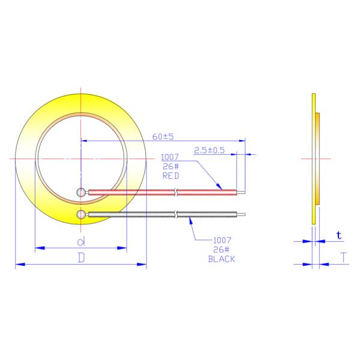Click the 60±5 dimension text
click(x=163, y=137)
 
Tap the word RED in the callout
click(x=171, y=176)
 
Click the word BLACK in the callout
click(x=221, y=259)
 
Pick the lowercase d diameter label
click(x=80, y=241)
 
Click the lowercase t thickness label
click(x=339, y=236)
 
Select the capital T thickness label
click(x=343, y=258)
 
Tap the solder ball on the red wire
click(x=82, y=192)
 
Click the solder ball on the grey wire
click(x=82, y=214)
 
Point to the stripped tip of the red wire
click(x=241, y=192)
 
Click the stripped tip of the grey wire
click(x=241, y=214)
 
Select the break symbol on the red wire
click(x=175, y=192)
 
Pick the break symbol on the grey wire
click(x=175, y=214)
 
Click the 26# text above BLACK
click(x=221, y=250)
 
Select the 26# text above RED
click(x=171, y=167)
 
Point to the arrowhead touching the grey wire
click(x=191, y=220)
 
